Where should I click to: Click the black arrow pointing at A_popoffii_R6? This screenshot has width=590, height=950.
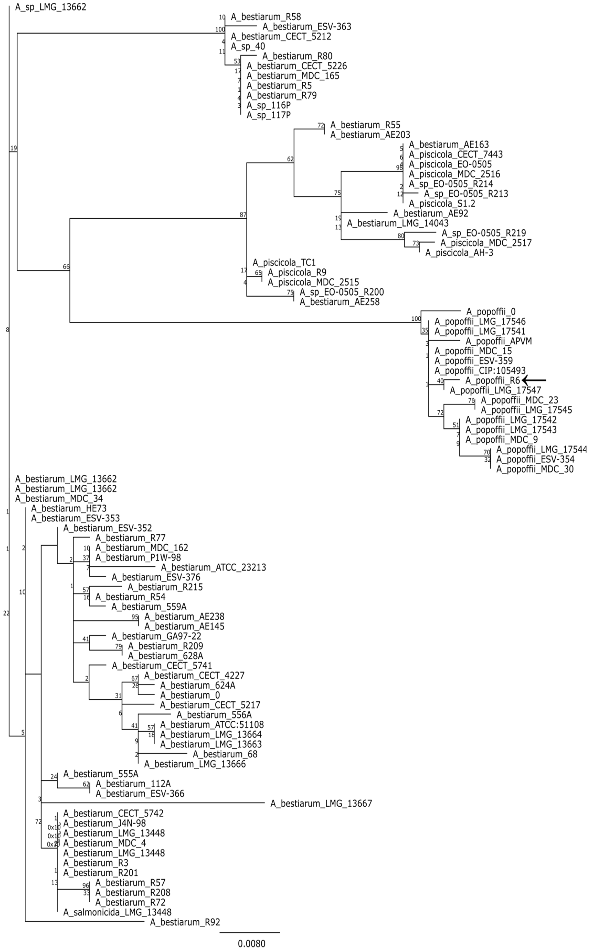pyautogui.click(x=535, y=380)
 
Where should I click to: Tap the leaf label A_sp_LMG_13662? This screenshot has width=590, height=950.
pyautogui.click(x=51, y=7)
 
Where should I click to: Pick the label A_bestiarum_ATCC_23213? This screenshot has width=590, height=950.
pyautogui.click(x=213, y=567)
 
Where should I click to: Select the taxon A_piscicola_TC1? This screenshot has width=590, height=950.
pyautogui.click(x=284, y=262)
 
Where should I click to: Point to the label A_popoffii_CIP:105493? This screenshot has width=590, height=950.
pyautogui.click(x=480, y=370)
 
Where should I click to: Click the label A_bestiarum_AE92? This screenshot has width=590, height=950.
pyautogui.click(x=430, y=213)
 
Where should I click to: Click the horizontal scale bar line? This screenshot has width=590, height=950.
pyautogui.click(x=250, y=932)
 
